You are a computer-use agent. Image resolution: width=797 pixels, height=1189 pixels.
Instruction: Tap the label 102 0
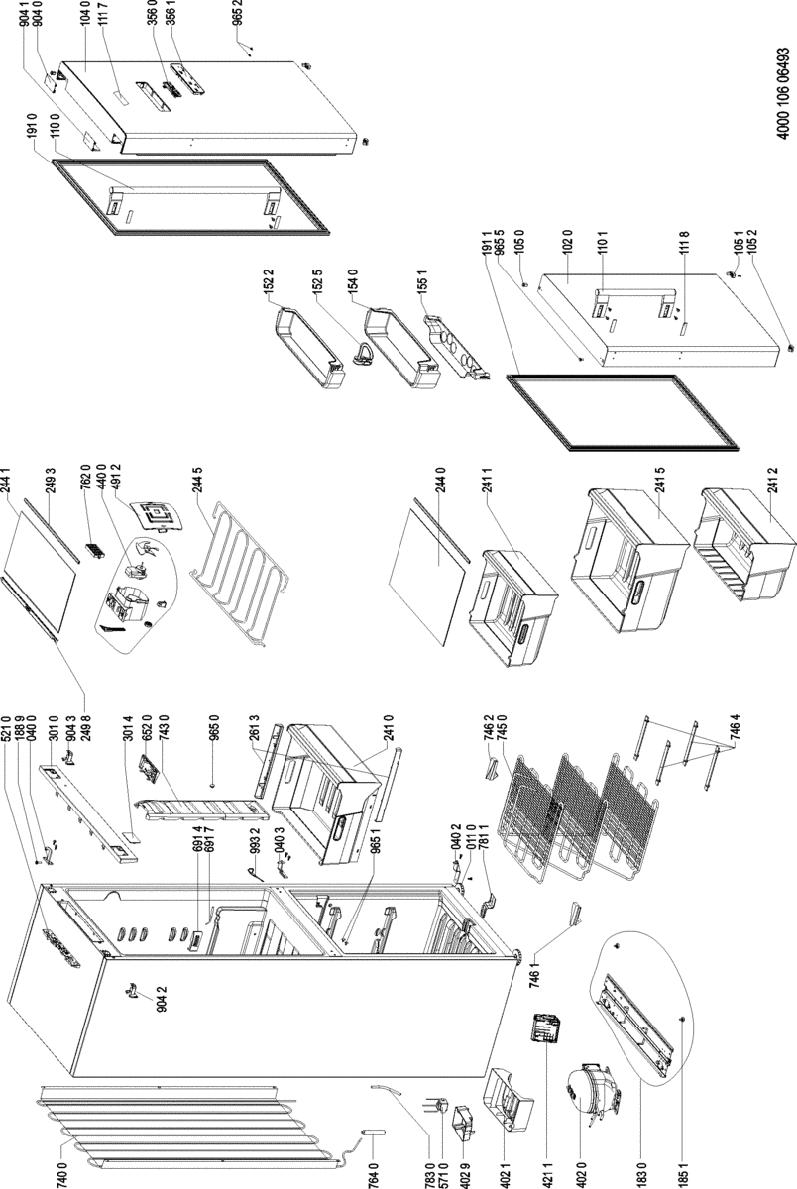(x=566, y=243)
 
